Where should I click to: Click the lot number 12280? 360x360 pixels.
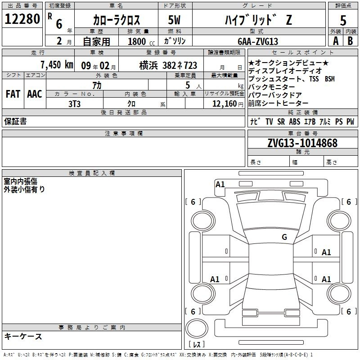click(22, 19)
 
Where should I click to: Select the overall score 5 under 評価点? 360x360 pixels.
click(343, 20)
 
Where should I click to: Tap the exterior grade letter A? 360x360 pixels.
click(336, 41)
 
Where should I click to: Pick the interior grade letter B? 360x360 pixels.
click(350, 41)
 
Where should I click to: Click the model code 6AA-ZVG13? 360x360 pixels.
click(258, 41)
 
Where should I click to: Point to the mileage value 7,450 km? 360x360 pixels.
click(57, 65)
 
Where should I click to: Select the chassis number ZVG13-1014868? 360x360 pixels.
click(302, 143)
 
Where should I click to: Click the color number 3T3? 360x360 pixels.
click(75, 104)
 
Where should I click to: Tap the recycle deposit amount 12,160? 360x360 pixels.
click(225, 104)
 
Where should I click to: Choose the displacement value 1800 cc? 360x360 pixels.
click(141, 41)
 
